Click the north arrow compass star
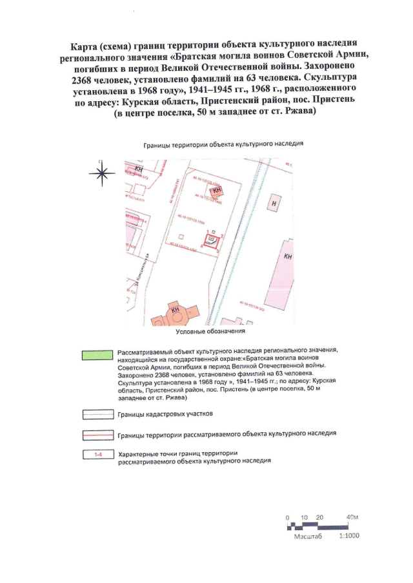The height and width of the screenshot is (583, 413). coord(101,172)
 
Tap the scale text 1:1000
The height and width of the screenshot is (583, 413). coord(348,536)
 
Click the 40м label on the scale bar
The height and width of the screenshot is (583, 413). coord(352,517)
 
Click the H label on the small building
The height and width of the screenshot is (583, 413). coord(275,204)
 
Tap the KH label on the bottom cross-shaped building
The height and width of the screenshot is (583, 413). coord(175,310)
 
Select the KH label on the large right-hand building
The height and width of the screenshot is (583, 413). coord(288,256)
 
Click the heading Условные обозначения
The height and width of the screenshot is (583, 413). coord(211,332)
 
